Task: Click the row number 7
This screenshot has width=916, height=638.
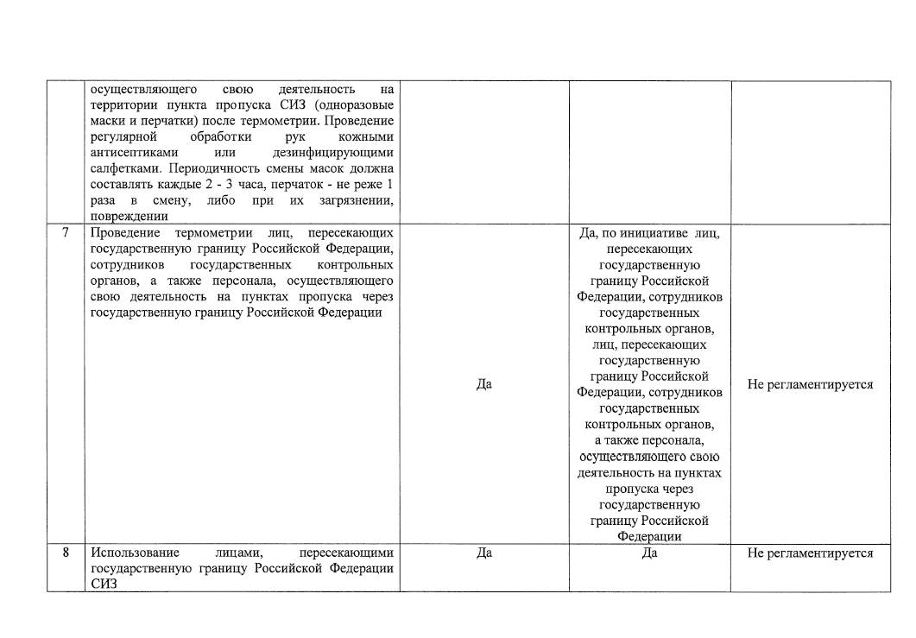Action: coord(66,233)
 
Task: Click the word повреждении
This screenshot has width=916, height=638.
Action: coord(129,217)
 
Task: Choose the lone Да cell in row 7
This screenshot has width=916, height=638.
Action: coord(483,384)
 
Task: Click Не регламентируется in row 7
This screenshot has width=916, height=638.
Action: coord(810,384)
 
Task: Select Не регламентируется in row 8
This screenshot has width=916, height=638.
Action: coord(810,553)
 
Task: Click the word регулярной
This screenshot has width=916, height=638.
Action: coord(123,137)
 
